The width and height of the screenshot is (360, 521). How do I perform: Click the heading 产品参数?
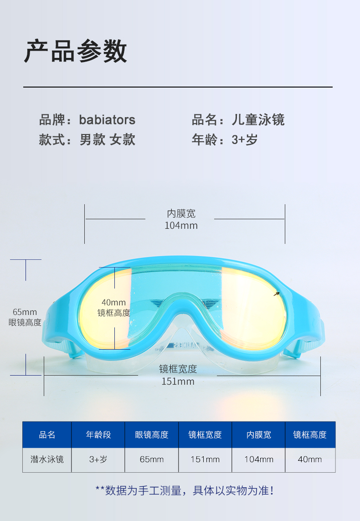(x=76, y=51)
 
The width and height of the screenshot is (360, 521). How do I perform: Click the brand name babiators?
(x=107, y=120)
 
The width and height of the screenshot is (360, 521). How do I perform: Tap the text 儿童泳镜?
(x=258, y=120)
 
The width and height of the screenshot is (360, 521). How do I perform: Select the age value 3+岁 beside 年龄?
(x=245, y=139)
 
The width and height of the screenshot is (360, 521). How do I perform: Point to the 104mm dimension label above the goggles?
(x=181, y=225)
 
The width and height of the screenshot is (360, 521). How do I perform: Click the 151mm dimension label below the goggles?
(x=178, y=382)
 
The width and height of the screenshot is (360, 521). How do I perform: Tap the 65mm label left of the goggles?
(x=25, y=312)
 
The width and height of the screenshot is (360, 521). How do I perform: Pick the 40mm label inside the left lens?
(x=113, y=303)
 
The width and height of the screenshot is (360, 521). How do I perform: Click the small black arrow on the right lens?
(x=277, y=294)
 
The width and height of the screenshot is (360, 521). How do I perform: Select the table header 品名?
(x=47, y=435)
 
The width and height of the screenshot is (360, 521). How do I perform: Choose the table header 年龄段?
(x=98, y=435)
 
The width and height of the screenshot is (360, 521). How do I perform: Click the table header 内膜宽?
(x=258, y=435)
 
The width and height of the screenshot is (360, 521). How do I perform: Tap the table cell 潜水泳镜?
(x=47, y=459)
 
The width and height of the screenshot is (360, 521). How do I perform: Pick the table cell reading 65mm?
(x=151, y=459)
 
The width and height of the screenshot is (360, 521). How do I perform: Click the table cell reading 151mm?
(x=205, y=459)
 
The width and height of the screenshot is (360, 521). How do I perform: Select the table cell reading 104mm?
(x=258, y=459)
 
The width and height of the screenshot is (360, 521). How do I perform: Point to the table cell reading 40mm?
(x=310, y=459)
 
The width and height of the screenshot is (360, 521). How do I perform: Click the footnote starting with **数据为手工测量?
(x=184, y=491)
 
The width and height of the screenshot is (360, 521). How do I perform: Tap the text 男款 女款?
(x=108, y=139)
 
